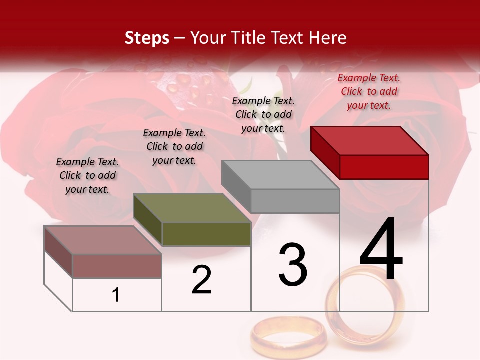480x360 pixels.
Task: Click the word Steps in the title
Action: (146, 38)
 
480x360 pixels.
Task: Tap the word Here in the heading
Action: (328, 38)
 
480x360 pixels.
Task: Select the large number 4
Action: (381, 249)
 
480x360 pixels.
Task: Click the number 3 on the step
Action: (292, 265)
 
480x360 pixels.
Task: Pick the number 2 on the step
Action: (201, 280)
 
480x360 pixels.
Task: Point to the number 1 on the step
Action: (116, 295)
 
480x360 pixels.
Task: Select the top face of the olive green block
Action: (192, 208)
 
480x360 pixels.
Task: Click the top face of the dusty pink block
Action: (103, 240)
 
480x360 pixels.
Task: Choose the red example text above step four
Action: (369, 91)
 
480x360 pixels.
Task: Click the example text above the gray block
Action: (263, 114)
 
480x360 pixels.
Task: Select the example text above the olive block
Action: (174, 146)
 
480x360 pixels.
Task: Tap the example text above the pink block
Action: (87, 175)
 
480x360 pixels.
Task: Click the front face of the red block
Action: (384, 167)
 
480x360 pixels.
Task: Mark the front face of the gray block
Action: (295, 201)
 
